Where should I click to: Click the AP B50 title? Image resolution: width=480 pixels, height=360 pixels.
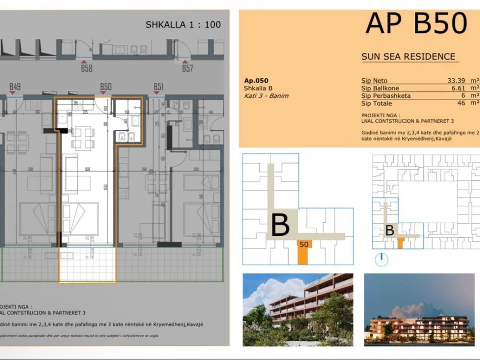[416, 23]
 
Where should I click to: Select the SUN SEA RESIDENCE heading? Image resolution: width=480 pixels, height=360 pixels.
[408, 57]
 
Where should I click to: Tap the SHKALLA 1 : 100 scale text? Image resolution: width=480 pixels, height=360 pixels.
[183, 24]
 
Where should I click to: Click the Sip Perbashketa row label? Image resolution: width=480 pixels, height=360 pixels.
[386, 95]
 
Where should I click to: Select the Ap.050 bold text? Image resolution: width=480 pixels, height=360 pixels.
[256, 80]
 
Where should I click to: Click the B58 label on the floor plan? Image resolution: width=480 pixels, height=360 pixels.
[86, 68]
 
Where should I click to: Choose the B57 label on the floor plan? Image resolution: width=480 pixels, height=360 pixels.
[187, 68]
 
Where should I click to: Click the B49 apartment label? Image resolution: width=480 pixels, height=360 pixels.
[15, 87]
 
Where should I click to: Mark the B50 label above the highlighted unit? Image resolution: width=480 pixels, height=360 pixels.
[106, 87]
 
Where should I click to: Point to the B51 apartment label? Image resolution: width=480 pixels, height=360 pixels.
[158, 87]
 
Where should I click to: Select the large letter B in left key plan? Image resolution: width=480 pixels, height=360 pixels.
[280, 225]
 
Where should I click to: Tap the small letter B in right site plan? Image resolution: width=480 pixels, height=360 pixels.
[390, 230]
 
